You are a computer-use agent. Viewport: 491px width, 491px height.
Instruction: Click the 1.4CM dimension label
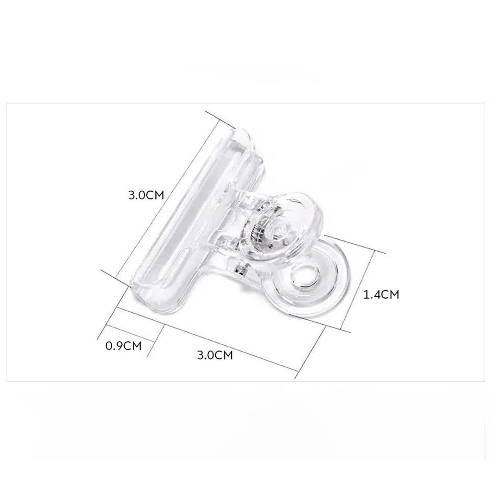[x=381, y=295]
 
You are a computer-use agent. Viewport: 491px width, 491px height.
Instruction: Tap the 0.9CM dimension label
[x=124, y=346]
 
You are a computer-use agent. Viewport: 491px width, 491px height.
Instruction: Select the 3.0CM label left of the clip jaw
[x=146, y=195]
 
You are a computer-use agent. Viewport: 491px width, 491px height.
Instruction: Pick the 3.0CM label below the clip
[x=215, y=355]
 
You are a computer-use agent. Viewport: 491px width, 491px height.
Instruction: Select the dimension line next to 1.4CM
[x=357, y=290]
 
